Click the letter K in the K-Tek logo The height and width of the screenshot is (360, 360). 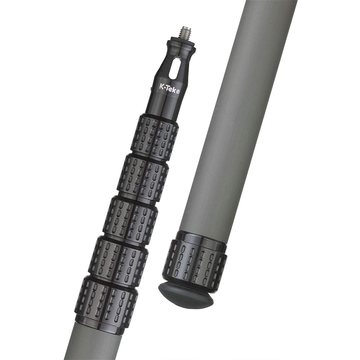pos(162,86)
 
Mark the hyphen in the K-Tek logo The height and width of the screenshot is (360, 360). pos(166,87)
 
